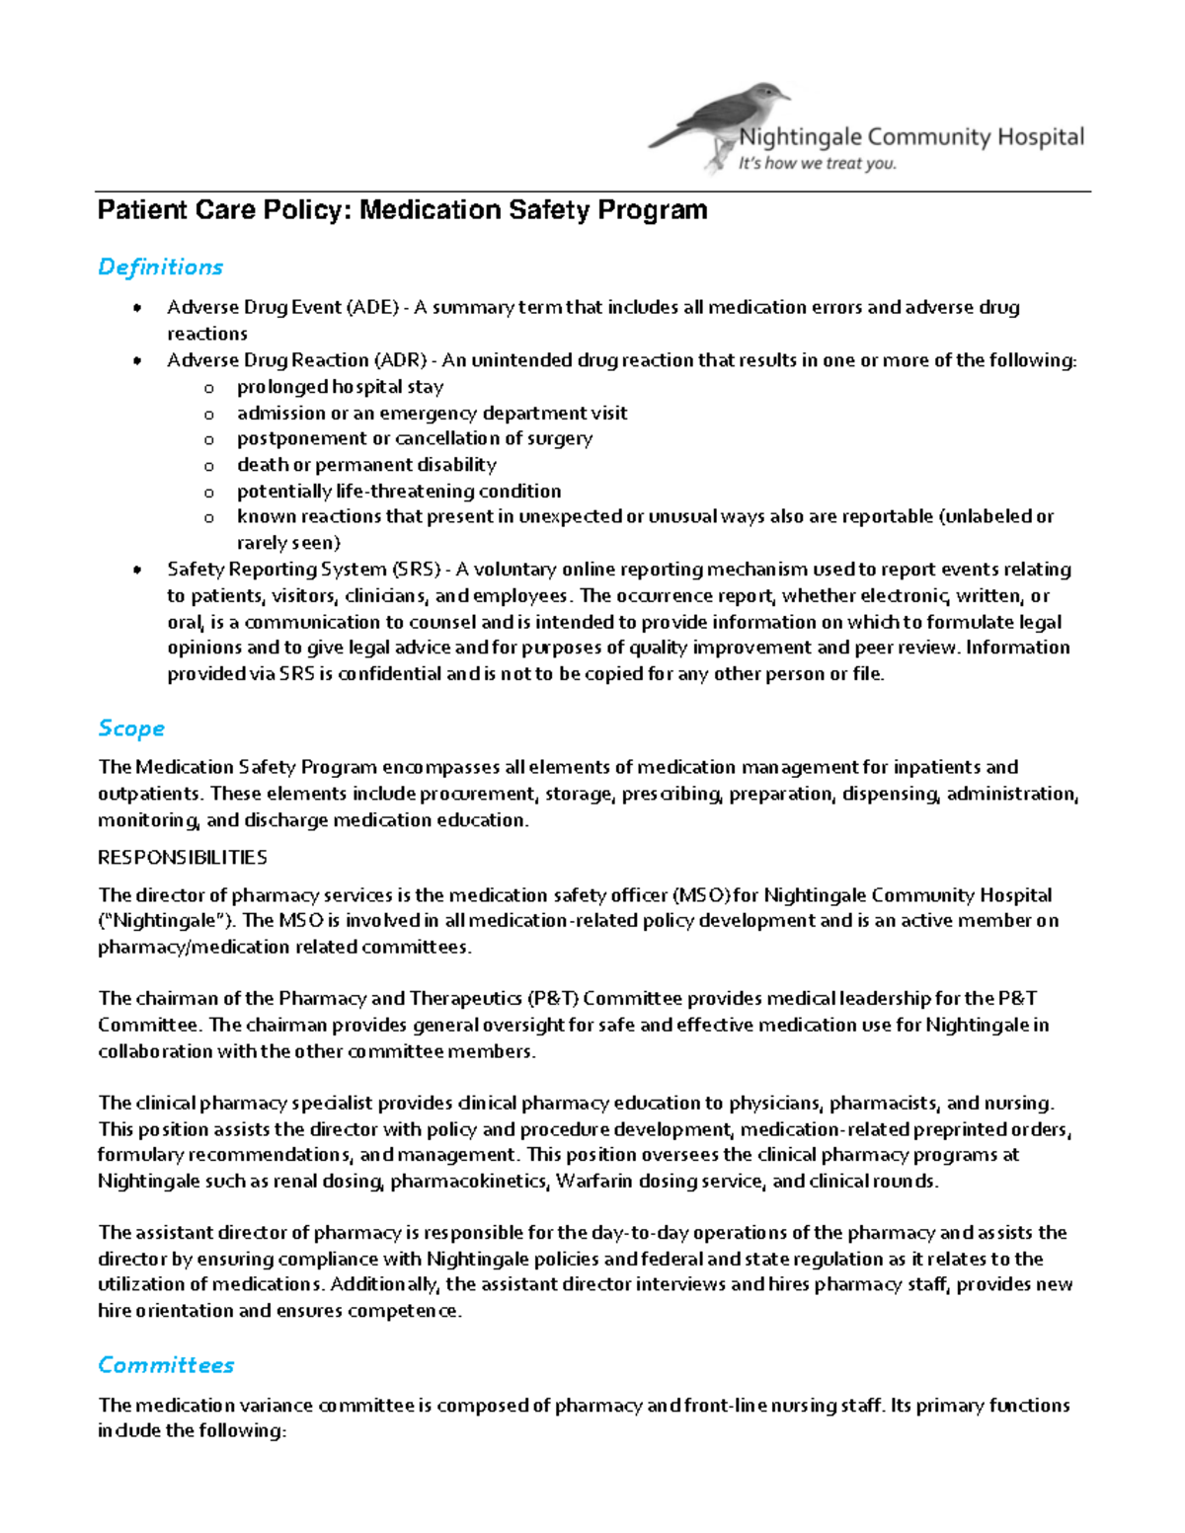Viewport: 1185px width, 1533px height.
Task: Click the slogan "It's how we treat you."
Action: coord(817,164)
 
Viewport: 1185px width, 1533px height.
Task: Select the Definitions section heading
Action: coord(160,267)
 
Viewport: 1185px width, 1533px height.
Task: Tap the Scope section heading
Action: coord(130,728)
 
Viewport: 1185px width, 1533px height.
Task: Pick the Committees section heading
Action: coord(166,1365)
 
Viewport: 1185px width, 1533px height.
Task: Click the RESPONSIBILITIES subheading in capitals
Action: coord(182,857)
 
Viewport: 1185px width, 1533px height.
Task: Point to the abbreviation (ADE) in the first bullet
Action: coord(372,307)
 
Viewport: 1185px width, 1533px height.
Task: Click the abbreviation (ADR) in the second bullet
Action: coord(400,360)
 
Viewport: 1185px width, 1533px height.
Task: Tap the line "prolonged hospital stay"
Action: coord(340,387)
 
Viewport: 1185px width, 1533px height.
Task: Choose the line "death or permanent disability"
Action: coord(366,465)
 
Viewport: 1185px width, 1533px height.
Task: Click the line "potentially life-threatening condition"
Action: coord(399,492)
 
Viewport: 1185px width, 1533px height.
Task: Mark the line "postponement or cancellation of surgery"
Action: coord(415,438)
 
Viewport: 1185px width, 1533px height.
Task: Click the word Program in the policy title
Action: coord(658,210)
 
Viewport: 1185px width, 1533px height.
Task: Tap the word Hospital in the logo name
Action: coord(1040,137)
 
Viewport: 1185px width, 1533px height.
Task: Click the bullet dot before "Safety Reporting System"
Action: coord(137,570)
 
